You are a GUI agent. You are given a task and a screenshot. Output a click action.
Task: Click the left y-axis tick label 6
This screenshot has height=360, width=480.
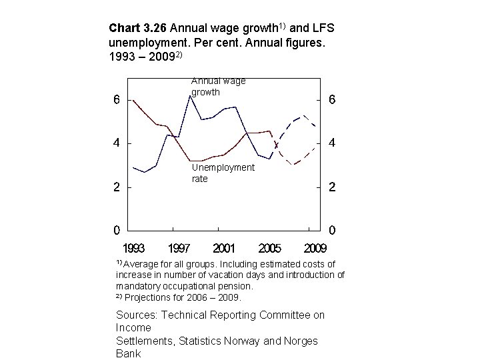[x=116, y=101]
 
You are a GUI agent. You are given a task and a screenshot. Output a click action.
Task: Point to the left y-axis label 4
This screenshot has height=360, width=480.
[x=116, y=143]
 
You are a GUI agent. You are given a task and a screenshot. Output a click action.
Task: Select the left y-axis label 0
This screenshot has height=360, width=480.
[x=116, y=231]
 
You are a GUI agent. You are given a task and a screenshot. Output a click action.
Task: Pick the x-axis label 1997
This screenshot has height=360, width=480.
[x=178, y=249]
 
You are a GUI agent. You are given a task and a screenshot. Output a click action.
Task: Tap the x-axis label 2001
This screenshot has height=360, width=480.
[x=223, y=249]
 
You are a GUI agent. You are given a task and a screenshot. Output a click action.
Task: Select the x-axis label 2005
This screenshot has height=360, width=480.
[x=269, y=249]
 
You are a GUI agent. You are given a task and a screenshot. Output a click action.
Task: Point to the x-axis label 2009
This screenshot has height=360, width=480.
[x=315, y=249]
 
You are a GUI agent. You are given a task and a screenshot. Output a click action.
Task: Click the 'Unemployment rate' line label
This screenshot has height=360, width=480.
[x=223, y=173]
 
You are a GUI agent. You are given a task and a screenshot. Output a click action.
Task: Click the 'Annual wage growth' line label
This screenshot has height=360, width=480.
[x=218, y=87]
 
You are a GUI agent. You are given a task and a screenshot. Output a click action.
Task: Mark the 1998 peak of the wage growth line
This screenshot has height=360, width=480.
[x=189, y=96]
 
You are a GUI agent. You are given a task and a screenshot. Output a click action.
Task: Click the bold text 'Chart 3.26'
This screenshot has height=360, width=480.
[x=137, y=29]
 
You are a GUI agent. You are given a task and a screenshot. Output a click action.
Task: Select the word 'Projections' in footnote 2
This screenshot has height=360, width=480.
[x=147, y=297]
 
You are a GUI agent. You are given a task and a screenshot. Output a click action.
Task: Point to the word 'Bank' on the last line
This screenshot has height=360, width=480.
[x=128, y=353]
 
